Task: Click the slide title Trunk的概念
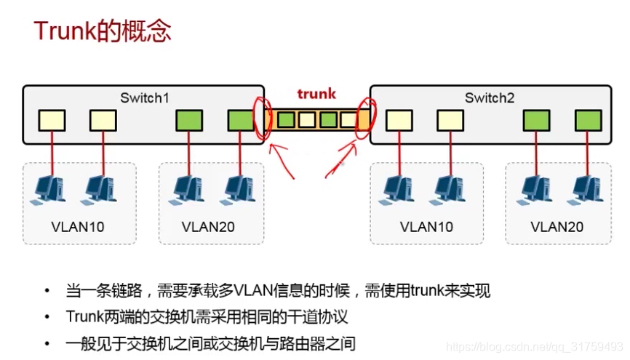pyautogui.click(x=102, y=31)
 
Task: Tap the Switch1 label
pyautogui.click(x=145, y=97)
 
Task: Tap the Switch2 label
pyautogui.click(x=490, y=97)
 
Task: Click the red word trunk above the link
pyautogui.click(x=316, y=93)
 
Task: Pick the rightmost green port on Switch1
pyautogui.click(x=241, y=120)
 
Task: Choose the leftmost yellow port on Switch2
pyautogui.click(x=399, y=120)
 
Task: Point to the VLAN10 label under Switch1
pyautogui.click(x=78, y=227)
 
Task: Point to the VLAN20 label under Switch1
pyautogui.click(x=208, y=227)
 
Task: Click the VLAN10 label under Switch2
pyautogui.click(x=426, y=227)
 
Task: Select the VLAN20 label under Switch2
pyautogui.click(x=557, y=227)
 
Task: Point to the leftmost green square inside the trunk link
pyautogui.click(x=286, y=119)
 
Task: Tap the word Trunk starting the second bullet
pyautogui.click(x=85, y=317)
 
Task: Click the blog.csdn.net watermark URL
pyautogui.click(x=534, y=348)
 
